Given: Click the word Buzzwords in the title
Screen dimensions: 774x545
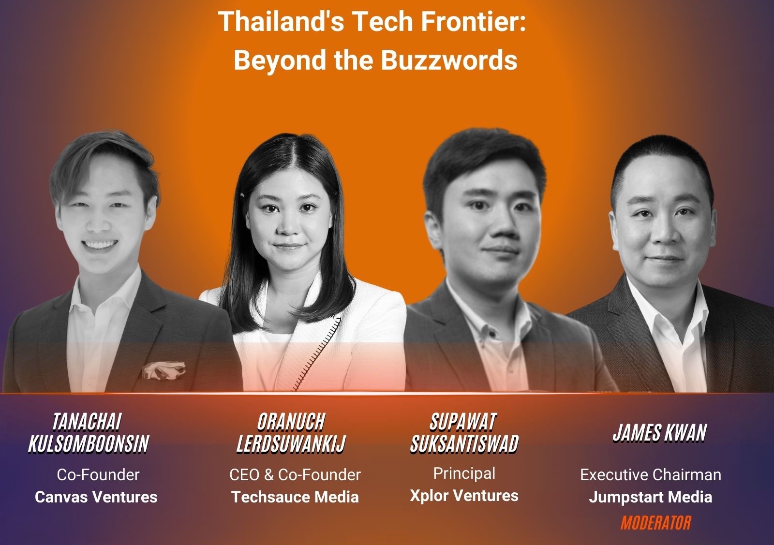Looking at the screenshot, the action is (x=449, y=60).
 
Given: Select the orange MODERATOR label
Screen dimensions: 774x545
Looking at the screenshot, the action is (x=656, y=523).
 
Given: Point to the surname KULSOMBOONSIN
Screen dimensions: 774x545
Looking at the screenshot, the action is (x=89, y=444).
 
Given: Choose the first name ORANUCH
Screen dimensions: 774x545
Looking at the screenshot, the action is (x=291, y=422).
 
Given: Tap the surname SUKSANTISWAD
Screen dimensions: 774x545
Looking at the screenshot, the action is (x=464, y=444).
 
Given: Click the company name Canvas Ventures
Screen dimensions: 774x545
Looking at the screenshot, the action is (x=96, y=497).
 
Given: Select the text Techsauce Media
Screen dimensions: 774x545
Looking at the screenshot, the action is (x=295, y=497).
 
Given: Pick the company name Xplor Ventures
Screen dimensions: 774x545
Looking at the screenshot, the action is (x=464, y=496).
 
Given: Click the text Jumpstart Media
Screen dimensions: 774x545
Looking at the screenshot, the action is (x=650, y=497).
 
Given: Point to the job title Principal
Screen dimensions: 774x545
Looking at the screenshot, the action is (x=464, y=473).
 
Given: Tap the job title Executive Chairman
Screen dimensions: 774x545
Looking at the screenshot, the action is (x=651, y=475).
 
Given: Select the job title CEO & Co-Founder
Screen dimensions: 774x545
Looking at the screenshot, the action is (x=295, y=475).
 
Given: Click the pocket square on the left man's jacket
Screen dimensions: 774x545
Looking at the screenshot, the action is (x=164, y=370).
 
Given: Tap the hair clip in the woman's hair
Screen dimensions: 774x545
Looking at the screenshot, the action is (x=242, y=195).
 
